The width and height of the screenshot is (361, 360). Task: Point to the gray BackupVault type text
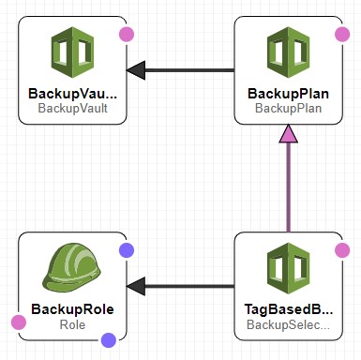coord(74,108)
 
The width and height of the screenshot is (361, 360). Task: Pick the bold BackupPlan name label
coord(289,94)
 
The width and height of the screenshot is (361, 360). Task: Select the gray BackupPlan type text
coord(289,108)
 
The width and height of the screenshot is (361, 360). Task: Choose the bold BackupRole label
coord(74,308)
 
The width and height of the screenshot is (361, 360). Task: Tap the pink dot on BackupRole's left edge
coord(19,322)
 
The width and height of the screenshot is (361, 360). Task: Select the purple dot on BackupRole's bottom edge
coord(108,340)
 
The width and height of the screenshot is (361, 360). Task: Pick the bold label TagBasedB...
coord(289,308)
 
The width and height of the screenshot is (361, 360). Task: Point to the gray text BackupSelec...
coord(289,323)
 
